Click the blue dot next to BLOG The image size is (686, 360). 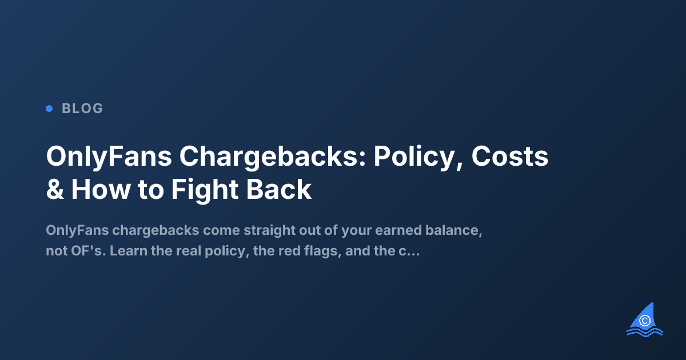tap(49, 108)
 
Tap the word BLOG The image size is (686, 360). tap(82, 109)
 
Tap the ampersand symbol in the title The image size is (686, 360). tap(55, 190)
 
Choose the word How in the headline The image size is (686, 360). tap(101, 190)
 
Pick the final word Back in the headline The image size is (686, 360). tap(284, 190)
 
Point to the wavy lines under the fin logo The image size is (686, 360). tap(644, 331)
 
